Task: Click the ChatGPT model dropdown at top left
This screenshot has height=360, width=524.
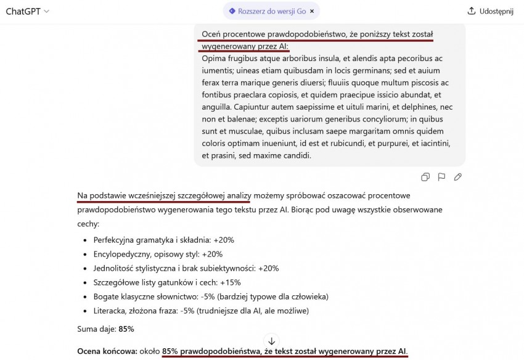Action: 28,11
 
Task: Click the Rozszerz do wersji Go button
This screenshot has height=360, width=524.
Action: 267,11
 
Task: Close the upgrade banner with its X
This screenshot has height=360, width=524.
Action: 312,11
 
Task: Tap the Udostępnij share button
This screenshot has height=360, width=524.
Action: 490,11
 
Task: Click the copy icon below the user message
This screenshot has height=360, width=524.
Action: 425,177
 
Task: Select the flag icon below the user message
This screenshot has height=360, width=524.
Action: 441,177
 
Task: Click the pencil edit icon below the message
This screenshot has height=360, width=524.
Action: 457,177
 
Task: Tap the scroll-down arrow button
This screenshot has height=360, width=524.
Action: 271,341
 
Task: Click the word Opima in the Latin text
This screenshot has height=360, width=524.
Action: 214,59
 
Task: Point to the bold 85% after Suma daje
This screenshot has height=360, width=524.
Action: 126,329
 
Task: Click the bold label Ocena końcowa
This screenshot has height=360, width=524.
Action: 107,351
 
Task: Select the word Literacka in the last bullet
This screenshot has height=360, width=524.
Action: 112,311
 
